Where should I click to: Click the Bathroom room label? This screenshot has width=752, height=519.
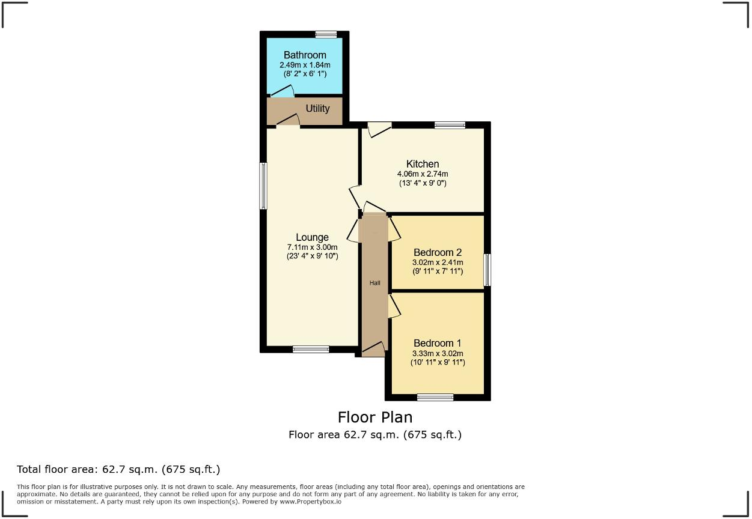point(305,55)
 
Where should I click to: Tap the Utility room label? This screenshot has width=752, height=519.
point(317,109)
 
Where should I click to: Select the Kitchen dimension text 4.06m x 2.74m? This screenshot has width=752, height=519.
point(423,174)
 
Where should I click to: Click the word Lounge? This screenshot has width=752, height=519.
point(312,237)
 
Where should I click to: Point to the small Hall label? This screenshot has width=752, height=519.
point(374,283)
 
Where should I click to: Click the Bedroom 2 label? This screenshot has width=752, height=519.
point(437,252)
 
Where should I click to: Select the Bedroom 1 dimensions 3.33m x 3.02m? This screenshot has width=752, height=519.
point(437,353)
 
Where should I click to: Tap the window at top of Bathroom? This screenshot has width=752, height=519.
point(326,34)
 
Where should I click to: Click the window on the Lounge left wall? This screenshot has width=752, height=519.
point(263,186)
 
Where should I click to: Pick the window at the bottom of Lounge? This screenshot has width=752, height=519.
point(311,349)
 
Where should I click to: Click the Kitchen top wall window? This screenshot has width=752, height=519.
point(450,125)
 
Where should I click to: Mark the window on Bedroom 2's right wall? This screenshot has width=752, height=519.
point(487,270)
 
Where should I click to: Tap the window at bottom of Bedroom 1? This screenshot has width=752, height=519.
point(435,397)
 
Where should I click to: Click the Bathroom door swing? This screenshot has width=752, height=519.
point(282,91)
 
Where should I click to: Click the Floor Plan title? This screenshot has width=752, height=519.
point(375,417)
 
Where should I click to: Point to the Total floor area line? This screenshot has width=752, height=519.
point(118,469)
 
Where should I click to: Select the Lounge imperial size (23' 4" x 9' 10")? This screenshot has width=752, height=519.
point(312,256)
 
